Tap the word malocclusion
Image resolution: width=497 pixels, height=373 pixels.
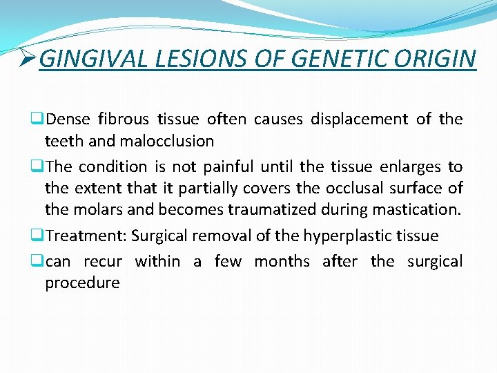click(167, 141)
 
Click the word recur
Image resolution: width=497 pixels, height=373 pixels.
click(103, 261)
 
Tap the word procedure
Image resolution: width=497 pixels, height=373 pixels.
click(82, 283)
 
